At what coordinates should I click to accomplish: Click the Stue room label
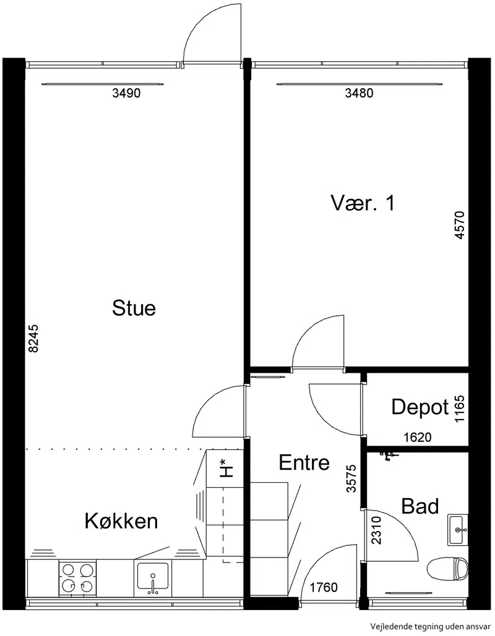[134, 308]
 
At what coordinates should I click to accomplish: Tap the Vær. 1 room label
[363, 203]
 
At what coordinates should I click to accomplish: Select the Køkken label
[121, 521]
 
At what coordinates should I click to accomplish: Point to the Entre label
[304, 462]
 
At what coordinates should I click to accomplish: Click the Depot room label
[420, 407]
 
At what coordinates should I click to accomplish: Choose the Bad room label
[420, 506]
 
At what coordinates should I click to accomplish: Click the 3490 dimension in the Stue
[126, 93]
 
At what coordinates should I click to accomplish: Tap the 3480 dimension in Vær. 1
[359, 93]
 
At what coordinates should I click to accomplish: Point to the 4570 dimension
[459, 225]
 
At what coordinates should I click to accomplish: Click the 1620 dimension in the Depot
[418, 437]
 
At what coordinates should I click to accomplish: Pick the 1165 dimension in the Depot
[459, 409]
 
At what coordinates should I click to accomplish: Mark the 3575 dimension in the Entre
[351, 478]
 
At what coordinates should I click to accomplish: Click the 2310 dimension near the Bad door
[376, 530]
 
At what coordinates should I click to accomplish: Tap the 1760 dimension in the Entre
[324, 587]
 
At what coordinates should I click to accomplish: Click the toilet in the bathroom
[448, 569]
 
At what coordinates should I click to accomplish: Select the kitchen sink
[153, 575]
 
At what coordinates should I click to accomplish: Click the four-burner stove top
[77, 578]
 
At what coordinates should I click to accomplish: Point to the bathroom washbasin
[458, 530]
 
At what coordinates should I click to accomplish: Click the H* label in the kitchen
[226, 468]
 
